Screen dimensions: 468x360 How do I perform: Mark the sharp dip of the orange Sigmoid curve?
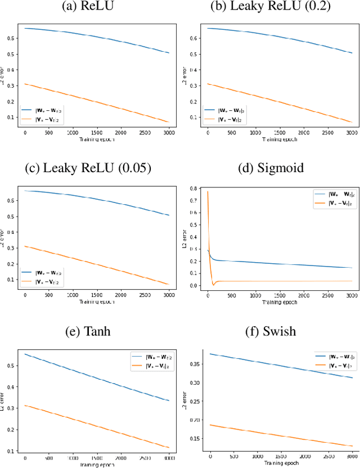pyautogui.click(x=213, y=285)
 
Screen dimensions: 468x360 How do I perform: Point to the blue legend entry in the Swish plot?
pyautogui.click(x=334, y=356)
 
